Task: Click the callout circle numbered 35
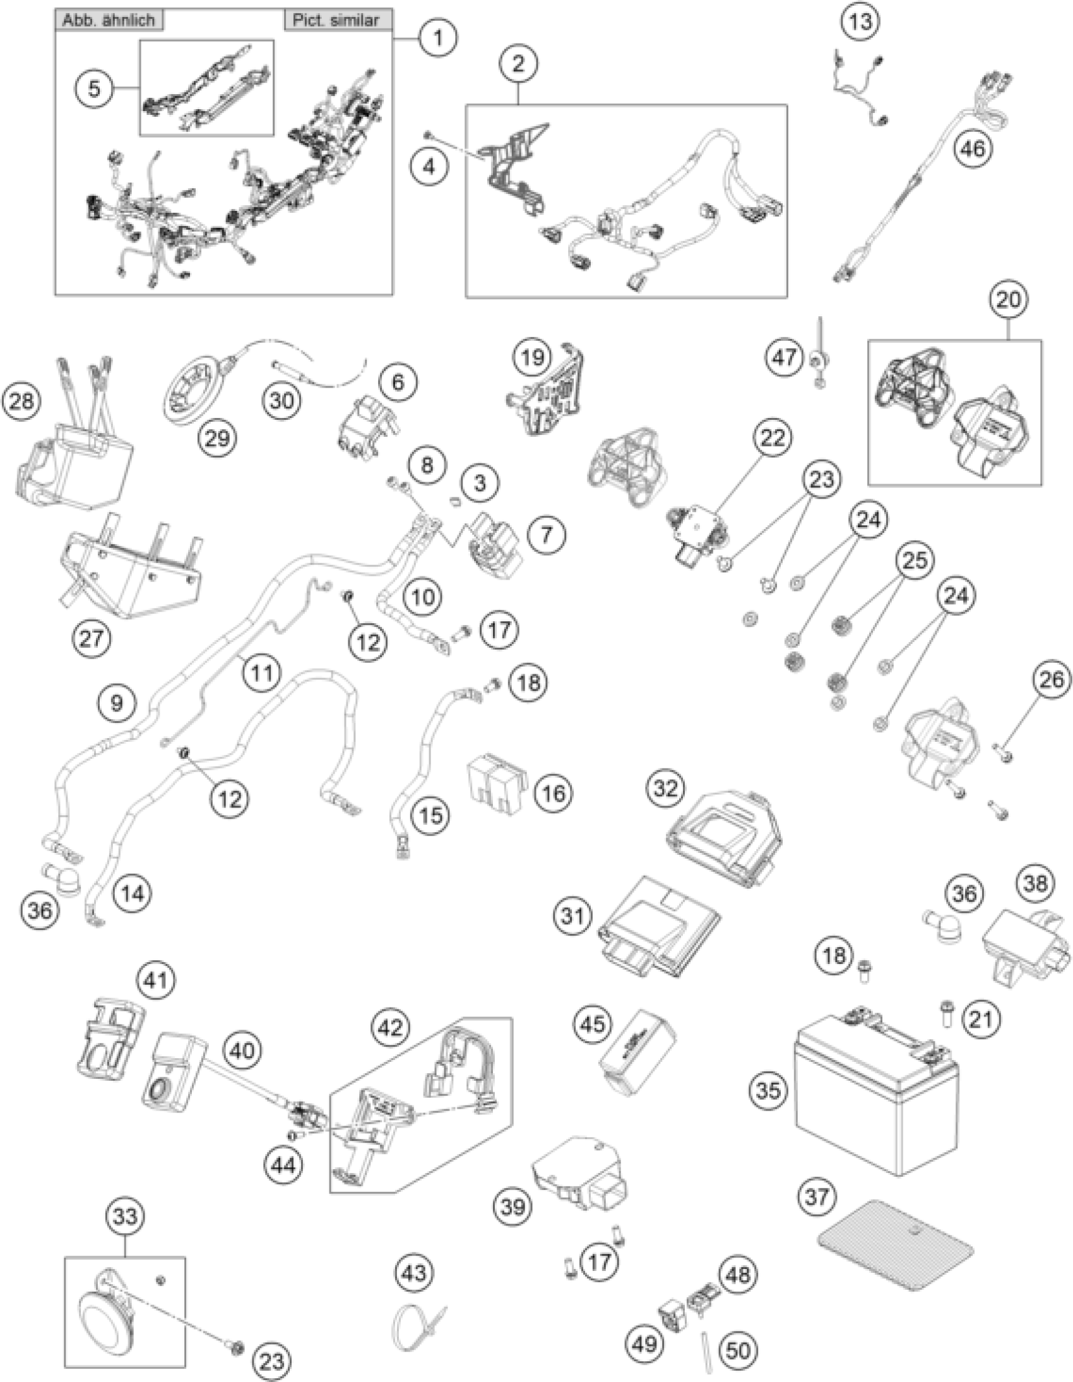point(769,1090)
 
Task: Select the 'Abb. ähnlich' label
point(108,20)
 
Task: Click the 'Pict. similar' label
point(336,20)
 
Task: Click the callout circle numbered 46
point(973,150)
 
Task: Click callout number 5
point(94,88)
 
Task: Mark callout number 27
point(90,638)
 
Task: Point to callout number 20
point(1009,299)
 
